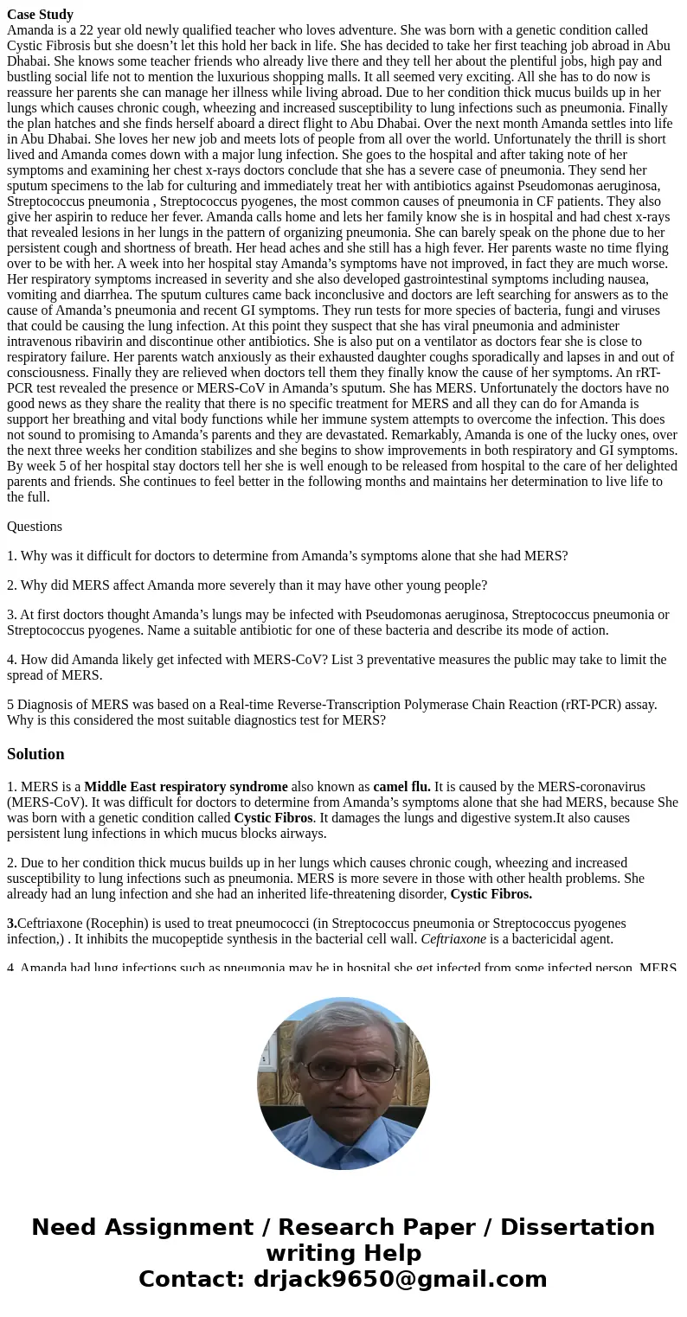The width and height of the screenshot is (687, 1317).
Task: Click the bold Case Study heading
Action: [40, 14]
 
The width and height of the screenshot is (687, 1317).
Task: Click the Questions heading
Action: [35, 526]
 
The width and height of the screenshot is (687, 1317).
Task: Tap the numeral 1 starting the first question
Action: [10, 555]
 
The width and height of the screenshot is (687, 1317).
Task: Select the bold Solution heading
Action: [35, 754]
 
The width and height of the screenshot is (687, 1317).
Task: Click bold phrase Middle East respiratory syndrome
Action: [186, 787]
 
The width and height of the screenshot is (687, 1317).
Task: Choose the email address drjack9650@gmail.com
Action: [399, 1279]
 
